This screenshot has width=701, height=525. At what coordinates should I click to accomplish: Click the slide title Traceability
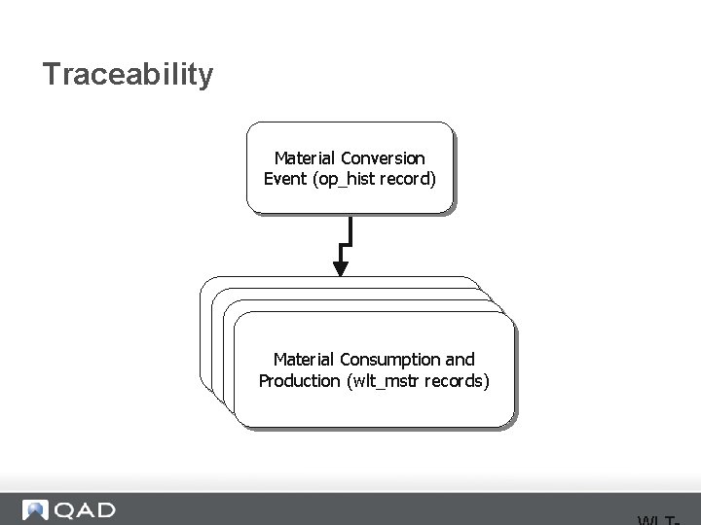coord(128,75)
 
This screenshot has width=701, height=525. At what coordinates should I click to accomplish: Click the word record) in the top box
coord(412,179)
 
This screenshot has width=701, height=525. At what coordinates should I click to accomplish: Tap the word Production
coord(299,381)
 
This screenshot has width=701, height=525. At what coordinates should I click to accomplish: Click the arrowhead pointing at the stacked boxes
coord(341,266)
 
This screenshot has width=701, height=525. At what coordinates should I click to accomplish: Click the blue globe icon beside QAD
coord(36,510)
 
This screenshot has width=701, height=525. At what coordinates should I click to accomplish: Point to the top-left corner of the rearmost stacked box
coord(203,281)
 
